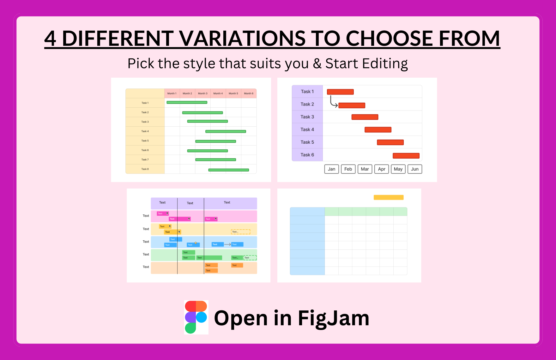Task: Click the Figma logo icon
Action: [196, 317]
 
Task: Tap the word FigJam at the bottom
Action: [333, 318]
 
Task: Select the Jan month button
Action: [331, 169]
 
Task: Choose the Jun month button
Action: [414, 169]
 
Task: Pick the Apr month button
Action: [381, 169]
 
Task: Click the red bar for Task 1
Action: [340, 92]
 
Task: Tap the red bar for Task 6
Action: [406, 156]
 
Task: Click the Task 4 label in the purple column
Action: [307, 129]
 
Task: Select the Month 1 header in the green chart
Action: [172, 93]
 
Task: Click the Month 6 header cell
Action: [249, 93]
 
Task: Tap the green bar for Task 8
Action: [228, 170]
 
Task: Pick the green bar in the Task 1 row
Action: [187, 102]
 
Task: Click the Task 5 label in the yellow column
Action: [145, 141]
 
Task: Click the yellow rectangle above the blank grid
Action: [388, 197]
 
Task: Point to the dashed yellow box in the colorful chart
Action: [241, 232]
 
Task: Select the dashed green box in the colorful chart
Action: [250, 258]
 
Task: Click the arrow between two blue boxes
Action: [227, 244]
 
